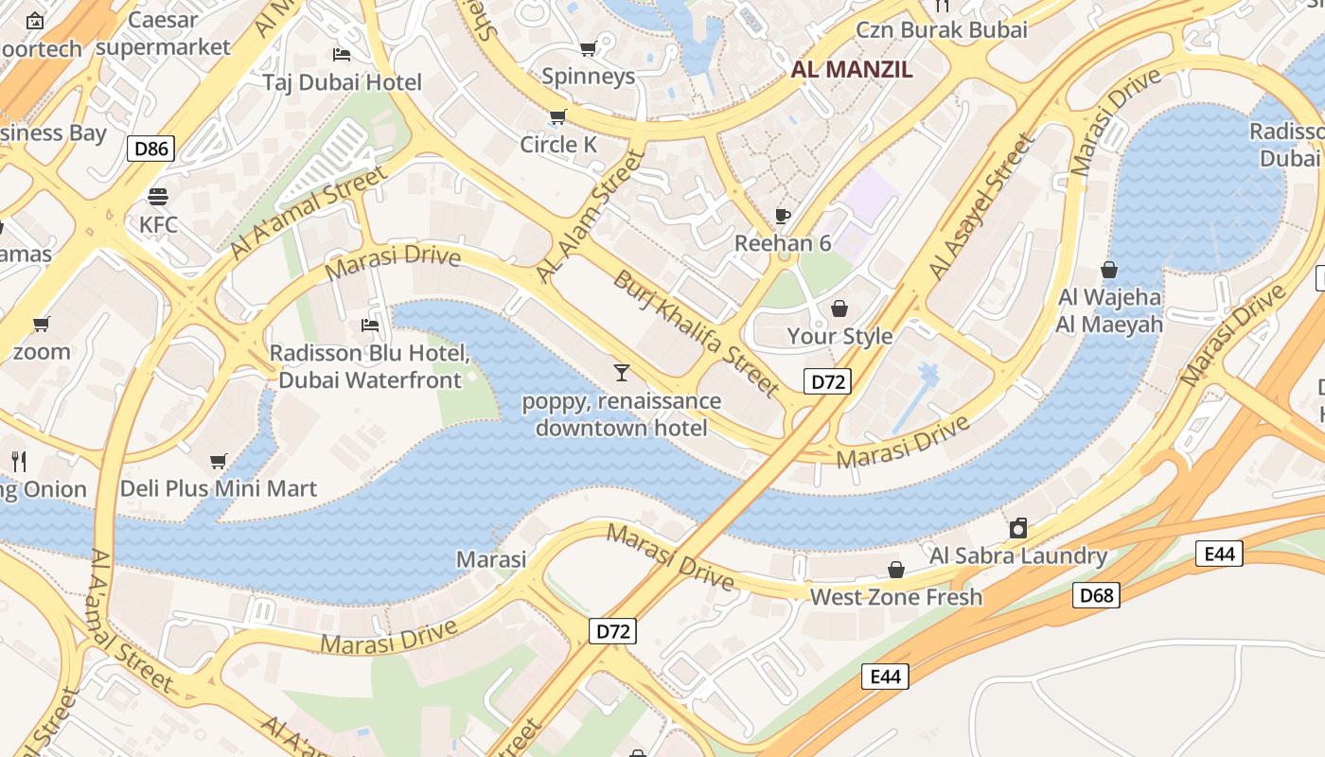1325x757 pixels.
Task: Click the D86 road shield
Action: tap(150, 148)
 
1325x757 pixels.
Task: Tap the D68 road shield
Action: tap(1096, 595)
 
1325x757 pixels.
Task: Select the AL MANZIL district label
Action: tap(852, 69)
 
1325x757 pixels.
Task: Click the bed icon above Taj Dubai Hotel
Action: tap(342, 54)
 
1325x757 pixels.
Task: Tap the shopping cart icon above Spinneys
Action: tap(588, 48)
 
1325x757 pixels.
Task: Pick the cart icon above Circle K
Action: tap(557, 116)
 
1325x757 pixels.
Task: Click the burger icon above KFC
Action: tap(158, 196)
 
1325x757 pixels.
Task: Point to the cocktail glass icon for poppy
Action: tap(621, 372)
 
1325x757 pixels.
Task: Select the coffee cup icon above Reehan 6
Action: tap(783, 215)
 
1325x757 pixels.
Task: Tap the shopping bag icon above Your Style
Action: tap(839, 308)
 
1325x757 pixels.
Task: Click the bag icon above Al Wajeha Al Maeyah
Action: tap(1109, 270)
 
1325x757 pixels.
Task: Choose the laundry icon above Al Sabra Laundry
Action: tap(1018, 527)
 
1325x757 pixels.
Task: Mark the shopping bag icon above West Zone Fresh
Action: tap(895, 569)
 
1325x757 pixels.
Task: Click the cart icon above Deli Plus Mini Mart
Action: tap(219, 461)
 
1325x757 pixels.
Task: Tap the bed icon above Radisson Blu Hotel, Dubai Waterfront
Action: tap(370, 325)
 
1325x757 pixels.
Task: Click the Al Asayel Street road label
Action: tap(982, 206)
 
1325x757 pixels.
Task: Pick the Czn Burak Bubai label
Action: tap(942, 29)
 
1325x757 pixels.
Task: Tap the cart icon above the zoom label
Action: tap(42, 325)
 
